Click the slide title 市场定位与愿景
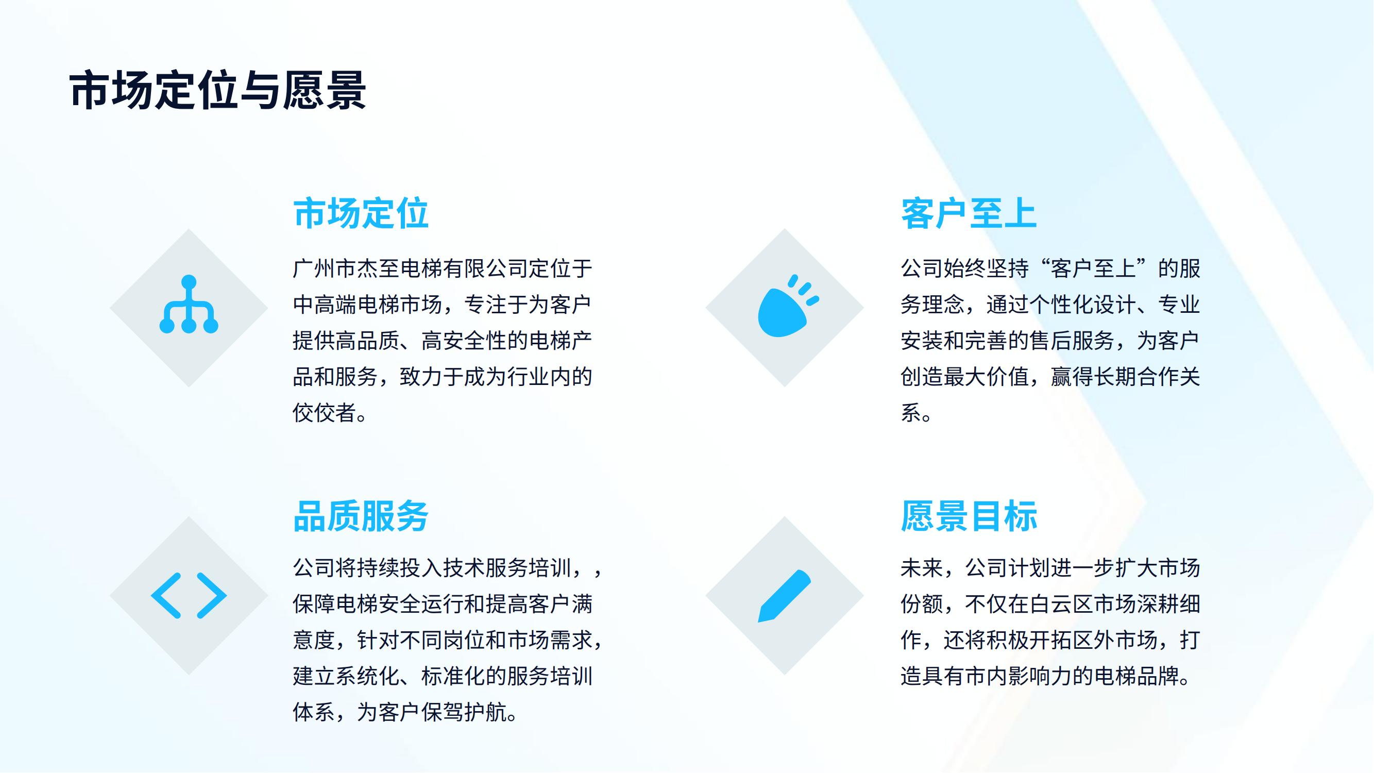(217, 91)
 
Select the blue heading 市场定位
(361, 213)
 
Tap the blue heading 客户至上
(969, 213)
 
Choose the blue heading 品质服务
(361, 516)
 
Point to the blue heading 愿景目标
(969, 516)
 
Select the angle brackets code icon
(189, 595)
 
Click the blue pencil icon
(784, 596)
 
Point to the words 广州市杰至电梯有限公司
(410, 268)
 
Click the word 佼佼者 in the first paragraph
(325, 413)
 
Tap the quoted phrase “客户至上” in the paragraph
(1093, 268)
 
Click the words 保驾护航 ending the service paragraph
(464, 712)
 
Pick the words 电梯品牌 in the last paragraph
(1136, 677)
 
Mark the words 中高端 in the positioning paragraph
(325, 305)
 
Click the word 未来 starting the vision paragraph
(922, 568)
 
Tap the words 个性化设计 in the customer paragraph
(1082, 305)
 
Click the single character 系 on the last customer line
(911, 413)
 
